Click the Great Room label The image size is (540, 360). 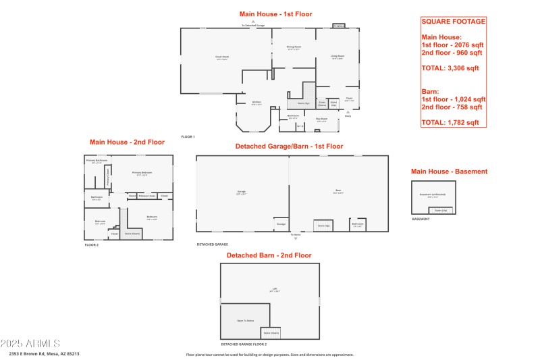221,57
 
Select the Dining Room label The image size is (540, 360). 294,48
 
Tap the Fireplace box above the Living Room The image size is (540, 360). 339,26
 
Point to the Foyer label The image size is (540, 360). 349,99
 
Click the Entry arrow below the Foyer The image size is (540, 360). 348,113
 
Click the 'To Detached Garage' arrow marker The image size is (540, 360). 253,22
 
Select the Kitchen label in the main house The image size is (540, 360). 256,103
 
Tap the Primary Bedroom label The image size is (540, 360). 142,174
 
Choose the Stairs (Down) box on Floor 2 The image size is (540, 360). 132,234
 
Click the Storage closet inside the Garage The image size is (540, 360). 281,224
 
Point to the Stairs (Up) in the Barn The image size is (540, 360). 323,225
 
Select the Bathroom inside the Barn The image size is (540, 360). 358,225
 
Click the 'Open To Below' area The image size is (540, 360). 245,320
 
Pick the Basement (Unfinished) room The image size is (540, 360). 433,195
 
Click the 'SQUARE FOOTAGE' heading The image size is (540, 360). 453,22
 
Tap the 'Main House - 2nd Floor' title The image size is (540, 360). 127,143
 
